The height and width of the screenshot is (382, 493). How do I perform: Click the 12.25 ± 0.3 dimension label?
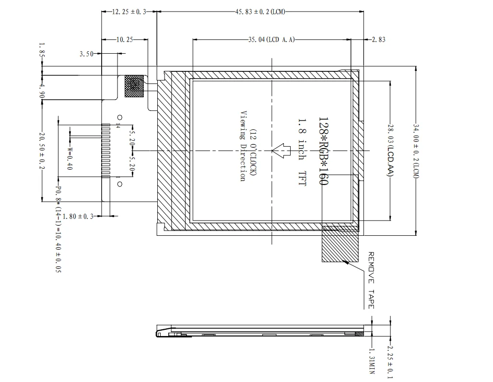[x=129, y=12]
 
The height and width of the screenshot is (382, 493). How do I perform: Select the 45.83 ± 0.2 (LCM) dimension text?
[x=260, y=12]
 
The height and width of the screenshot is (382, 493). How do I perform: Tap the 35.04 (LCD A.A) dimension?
[x=271, y=40]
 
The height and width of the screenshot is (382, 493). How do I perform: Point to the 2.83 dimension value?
[x=378, y=40]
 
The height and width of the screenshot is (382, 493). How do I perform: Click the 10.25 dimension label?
[x=125, y=40]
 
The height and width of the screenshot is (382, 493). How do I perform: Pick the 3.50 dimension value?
[x=86, y=54]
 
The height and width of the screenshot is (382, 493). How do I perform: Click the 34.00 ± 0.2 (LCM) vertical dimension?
[x=416, y=151]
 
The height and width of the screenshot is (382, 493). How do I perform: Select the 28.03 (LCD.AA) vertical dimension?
[x=390, y=150]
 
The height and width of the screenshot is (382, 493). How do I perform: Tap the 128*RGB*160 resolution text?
[x=323, y=151]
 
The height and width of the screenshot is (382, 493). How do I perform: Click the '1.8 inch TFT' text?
[x=302, y=152]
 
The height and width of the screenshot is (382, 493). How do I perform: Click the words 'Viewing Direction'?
[x=243, y=146]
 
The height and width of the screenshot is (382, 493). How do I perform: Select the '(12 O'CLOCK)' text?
[x=253, y=152]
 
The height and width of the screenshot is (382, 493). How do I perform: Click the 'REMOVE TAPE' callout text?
[x=371, y=280]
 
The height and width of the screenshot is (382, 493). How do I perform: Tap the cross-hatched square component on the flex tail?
[x=134, y=86]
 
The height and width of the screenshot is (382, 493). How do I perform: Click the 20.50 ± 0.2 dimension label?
[x=42, y=150]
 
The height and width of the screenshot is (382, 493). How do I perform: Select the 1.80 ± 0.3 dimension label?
[x=78, y=217]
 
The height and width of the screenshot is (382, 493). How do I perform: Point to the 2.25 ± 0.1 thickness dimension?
[x=390, y=362]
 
